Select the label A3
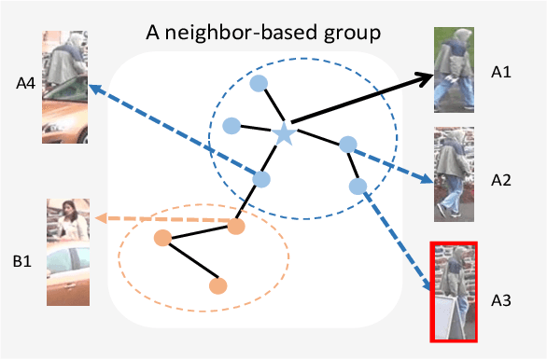pos(502,299)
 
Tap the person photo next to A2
pos(455,174)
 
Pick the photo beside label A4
pos(64,87)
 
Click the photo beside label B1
pos(68,252)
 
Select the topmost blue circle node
pos(260,83)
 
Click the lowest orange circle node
pos(218,285)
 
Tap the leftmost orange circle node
pos(161,238)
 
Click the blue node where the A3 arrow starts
pos(358,186)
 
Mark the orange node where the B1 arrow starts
pos(235,225)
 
